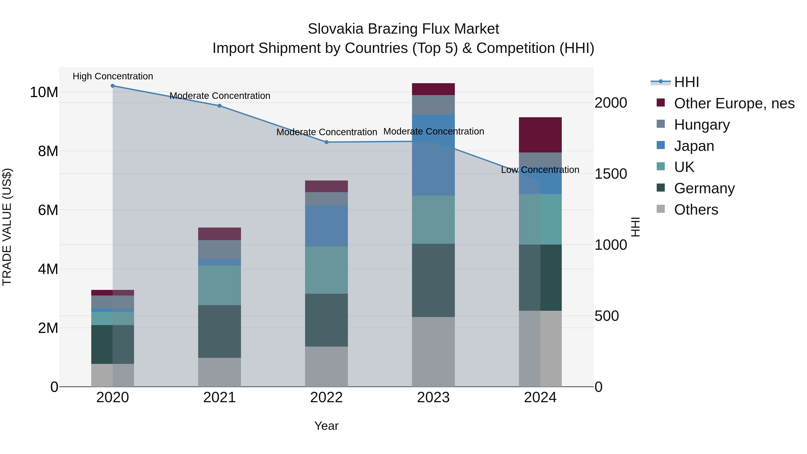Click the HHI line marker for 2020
113,86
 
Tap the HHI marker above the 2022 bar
326,142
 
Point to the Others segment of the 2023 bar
433,352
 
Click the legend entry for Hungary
702,125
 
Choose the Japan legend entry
694,146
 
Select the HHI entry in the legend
686,82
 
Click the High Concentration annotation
113,76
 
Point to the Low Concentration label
540,170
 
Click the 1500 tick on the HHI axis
611,174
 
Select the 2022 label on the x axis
326,398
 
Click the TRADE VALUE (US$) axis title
7,227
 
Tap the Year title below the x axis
326,426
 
